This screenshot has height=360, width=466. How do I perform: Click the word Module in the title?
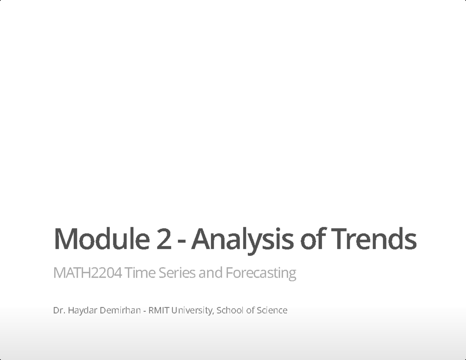[101, 238]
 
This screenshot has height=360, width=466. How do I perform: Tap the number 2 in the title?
[163, 238]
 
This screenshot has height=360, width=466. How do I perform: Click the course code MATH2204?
[87, 273]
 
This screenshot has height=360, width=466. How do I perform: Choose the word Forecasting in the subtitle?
[261, 273]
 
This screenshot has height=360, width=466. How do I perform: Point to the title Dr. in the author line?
[59, 310]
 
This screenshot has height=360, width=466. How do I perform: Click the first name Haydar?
[82, 310]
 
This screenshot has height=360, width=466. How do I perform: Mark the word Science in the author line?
[272, 310]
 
